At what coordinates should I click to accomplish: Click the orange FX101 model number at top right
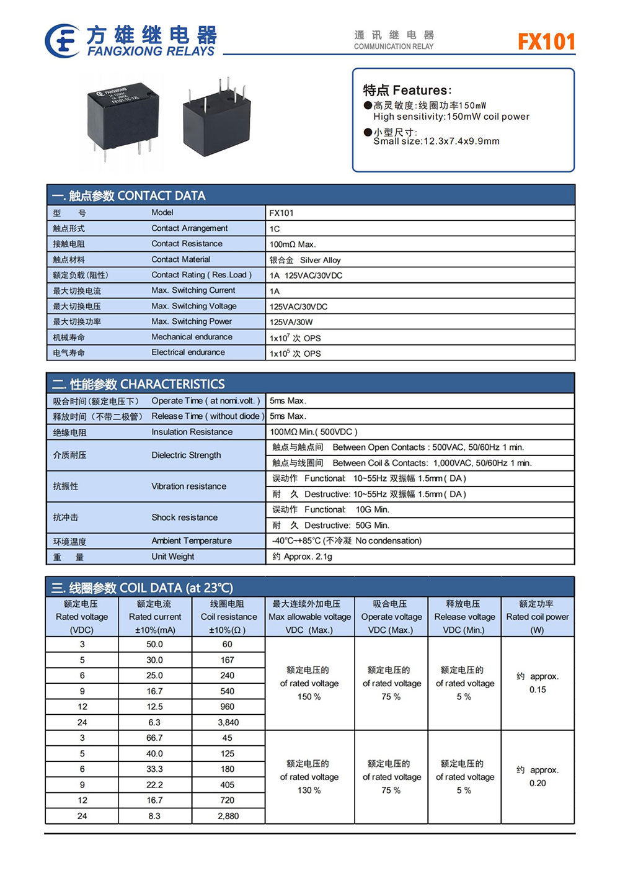pyautogui.click(x=546, y=42)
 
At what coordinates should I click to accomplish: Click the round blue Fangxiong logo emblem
pyautogui.click(x=63, y=41)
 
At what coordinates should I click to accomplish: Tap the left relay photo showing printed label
pyautogui.click(x=123, y=118)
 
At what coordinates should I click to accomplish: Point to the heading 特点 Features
pyautogui.click(x=407, y=90)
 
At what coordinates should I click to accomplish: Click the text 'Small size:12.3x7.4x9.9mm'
pyautogui.click(x=436, y=141)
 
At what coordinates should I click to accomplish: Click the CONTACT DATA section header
pyautogui.click(x=129, y=195)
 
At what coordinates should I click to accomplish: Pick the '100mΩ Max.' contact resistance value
pyautogui.click(x=293, y=244)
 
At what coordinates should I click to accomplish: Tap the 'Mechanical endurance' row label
pyautogui.click(x=192, y=337)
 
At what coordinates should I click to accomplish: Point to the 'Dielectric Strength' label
pyautogui.click(x=186, y=455)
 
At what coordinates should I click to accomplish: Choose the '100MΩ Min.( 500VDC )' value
pyautogui.click(x=314, y=432)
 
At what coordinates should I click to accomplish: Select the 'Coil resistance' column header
pyautogui.click(x=228, y=617)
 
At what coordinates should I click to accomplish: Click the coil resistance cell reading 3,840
pyautogui.click(x=228, y=722)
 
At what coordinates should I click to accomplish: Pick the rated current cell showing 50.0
pyautogui.click(x=154, y=644)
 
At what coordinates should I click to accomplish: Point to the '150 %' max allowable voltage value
pyautogui.click(x=309, y=697)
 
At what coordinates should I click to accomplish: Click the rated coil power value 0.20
pyautogui.click(x=538, y=783)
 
